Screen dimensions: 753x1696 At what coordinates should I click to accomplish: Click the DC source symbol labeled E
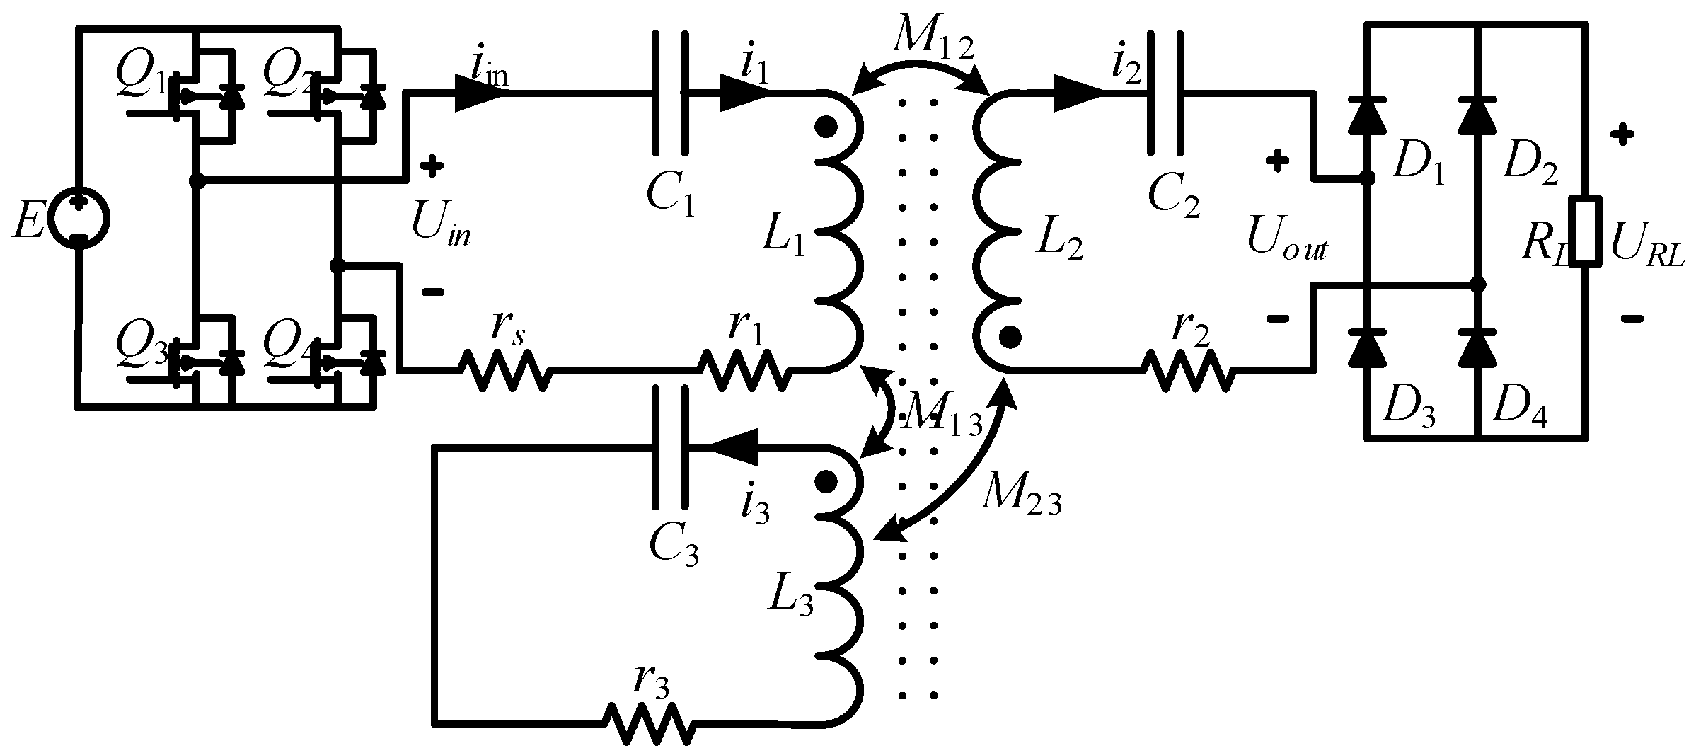click(79, 219)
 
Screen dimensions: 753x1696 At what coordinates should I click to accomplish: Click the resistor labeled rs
click(504, 369)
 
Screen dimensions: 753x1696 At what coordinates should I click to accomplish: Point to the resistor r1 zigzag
click(743, 369)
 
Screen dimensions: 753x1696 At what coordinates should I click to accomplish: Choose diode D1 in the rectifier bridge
click(1366, 117)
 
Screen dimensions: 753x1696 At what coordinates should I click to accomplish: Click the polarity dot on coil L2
click(1010, 337)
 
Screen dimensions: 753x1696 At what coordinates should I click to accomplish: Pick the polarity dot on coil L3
click(824, 483)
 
